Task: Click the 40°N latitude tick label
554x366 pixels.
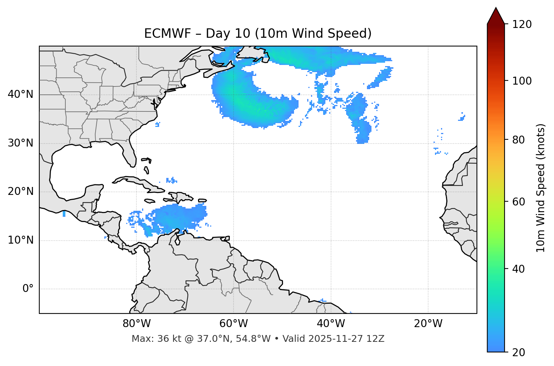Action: point(20,94)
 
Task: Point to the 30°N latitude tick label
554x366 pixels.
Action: point(20,143)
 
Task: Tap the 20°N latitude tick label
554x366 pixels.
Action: point(20,191)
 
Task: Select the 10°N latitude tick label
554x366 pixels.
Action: point(20,240)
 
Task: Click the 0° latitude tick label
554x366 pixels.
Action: point(28,289)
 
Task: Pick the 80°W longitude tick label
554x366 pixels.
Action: point(136,324)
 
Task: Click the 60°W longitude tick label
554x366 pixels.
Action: point(234,324)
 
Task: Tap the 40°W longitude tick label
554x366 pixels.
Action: point(331,324)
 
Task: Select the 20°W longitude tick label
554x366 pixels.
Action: point(428,324)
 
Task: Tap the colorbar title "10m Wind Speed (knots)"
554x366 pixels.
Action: point(541,188)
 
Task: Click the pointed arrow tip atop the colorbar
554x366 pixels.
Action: point(496,9)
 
